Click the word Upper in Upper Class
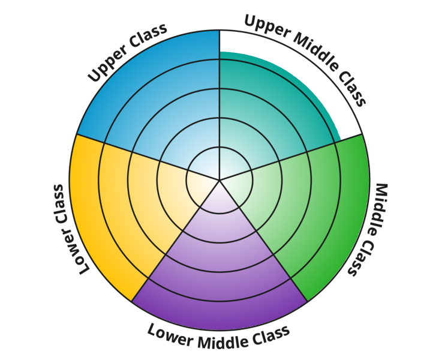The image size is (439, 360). tap(109, 63)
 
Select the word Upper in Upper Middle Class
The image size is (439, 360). tap(267, 27)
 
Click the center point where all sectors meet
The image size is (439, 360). tap(220, 179)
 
